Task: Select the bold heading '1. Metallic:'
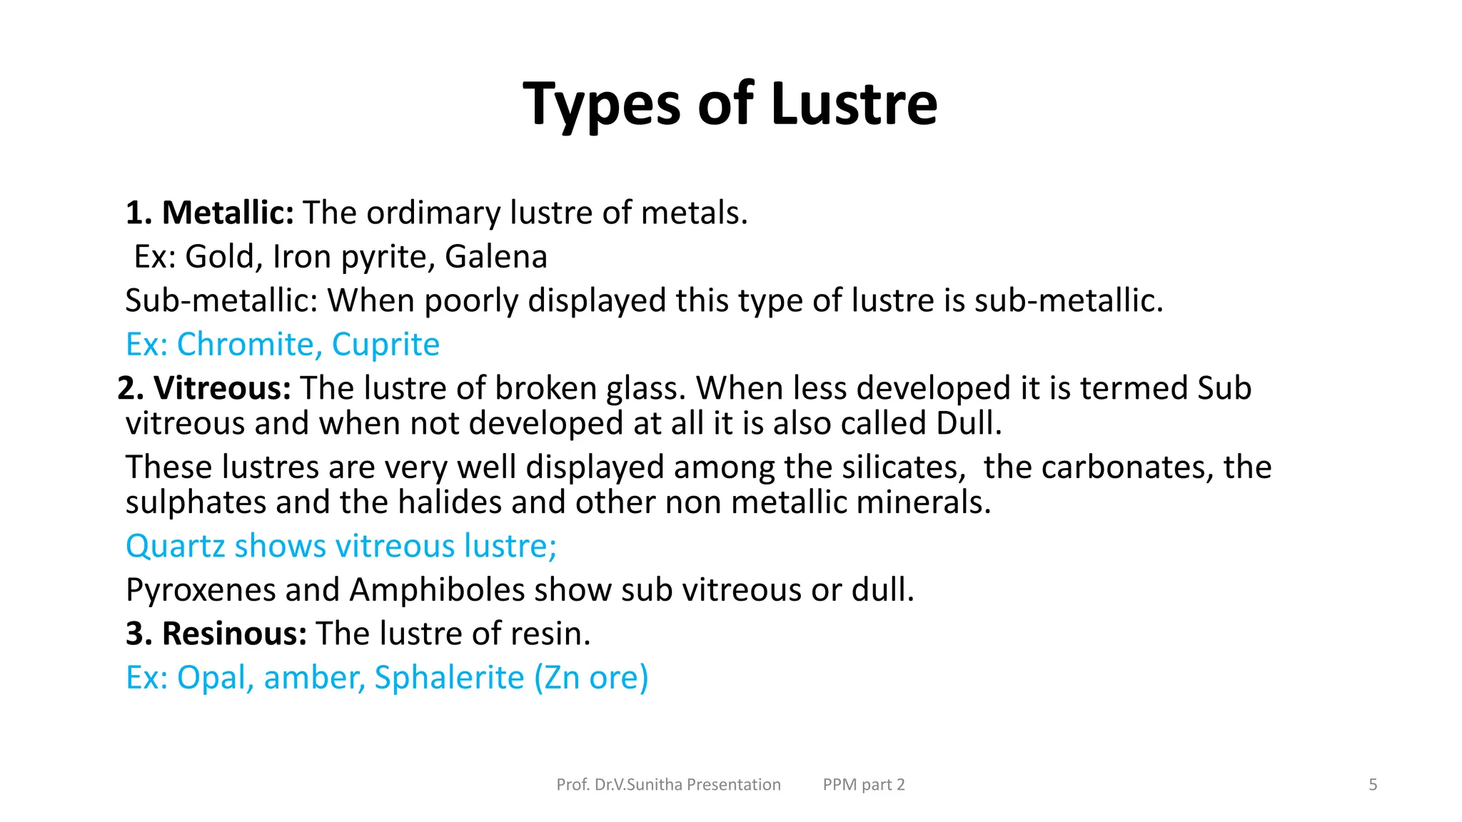[210, 213]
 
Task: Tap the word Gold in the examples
[220, 257]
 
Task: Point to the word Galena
[495, 257]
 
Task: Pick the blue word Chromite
[245, 345]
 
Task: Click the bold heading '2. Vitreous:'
[204, 388]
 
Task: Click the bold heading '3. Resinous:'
[216, 634]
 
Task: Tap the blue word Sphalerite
[449, 678]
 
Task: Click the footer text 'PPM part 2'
[863, 785]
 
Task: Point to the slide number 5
[1372, 785]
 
